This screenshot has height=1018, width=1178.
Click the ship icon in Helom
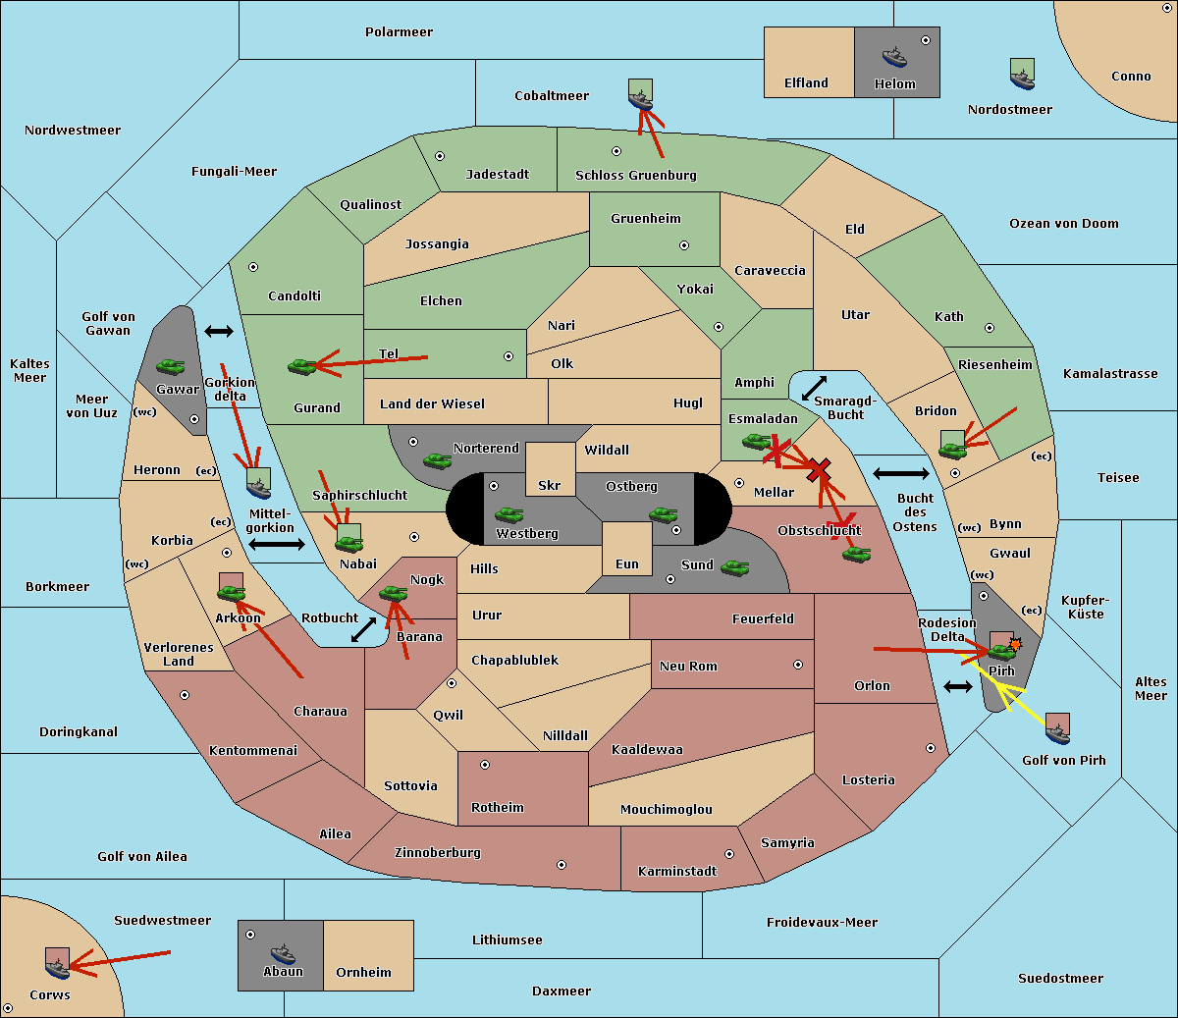pos(894,57)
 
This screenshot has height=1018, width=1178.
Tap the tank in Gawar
pos(171,366)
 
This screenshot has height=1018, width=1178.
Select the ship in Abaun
pos(284,954)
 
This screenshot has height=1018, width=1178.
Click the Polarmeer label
pos(399,32)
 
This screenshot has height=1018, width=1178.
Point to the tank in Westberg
pos(509,514)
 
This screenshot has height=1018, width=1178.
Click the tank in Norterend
pos(437,460)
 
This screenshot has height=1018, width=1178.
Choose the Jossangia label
pos(437,244)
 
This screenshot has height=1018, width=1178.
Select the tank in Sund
pos(734,567)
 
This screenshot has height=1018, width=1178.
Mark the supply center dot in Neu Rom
pos(798,665)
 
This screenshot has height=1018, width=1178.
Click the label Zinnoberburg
pos(438,853)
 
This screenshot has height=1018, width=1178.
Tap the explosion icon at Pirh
pos(1015,644)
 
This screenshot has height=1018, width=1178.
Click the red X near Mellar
pos(819,471)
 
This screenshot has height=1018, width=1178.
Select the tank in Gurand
pos(302,366)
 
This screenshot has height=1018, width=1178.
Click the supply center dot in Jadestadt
pos(440,156)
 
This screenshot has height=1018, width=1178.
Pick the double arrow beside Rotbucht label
pos(363,629)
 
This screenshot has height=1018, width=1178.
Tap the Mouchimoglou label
pos(667,809)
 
